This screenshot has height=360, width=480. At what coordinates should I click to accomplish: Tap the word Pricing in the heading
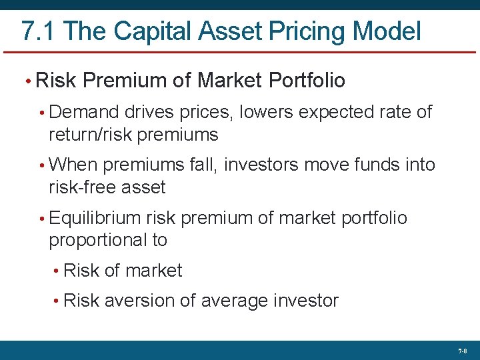pyautogui.click(x=305, y=31)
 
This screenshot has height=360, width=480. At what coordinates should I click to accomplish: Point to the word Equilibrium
pyautogui.click(x=95, y=218)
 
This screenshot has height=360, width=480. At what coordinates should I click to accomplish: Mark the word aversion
pyautogui.click(x=140, y=301)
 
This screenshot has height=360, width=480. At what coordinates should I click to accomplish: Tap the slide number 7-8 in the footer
pyautogui.click(x=463, y=351)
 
